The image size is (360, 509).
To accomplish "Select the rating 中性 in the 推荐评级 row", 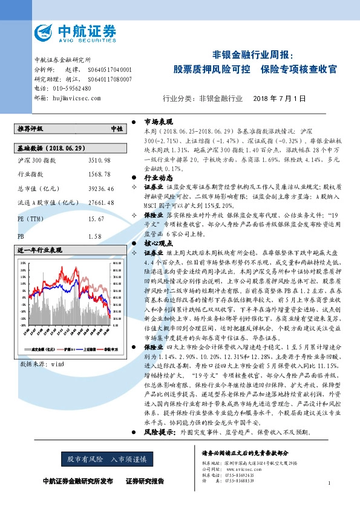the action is (x=116, y=129).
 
